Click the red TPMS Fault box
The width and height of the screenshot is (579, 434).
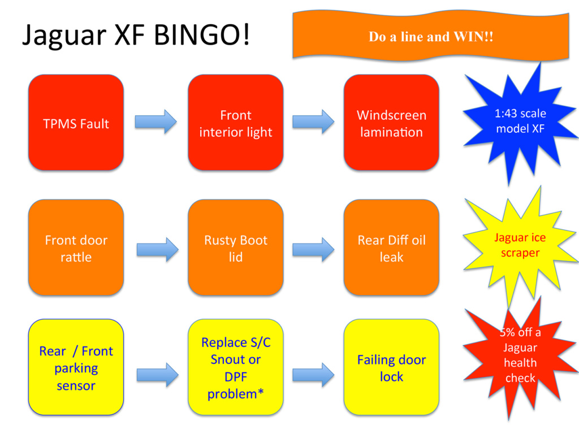tap(76, 123)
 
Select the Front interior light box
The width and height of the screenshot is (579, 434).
tap(236, 123)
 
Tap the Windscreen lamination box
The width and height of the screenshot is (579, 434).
tap(391, 123)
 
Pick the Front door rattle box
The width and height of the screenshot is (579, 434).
tap(76, 248)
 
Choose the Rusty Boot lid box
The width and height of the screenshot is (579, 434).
tap(236, 248)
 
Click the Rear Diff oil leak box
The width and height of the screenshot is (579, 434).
tap(391, 248)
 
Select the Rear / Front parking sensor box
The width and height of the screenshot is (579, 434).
tap(76, 367)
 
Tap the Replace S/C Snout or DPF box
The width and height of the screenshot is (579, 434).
tap(236, 367)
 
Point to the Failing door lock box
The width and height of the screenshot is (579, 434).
tap(391, 367)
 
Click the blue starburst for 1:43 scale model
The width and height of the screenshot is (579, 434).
tap(520, 122)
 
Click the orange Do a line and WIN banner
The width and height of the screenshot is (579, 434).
tap(430, 36)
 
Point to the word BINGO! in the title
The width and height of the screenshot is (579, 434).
tap(202, 34)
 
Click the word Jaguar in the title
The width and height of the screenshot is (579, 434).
tap(64, 36)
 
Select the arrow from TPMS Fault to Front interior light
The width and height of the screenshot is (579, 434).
tap(156, 121)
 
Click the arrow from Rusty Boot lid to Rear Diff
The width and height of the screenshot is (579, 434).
tap(313, 249)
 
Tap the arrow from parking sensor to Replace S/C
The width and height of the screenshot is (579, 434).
tap(158, 375)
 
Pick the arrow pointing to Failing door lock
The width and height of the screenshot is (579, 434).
tap(313, 375)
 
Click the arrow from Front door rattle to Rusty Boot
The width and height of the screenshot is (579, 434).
tap(158, 249)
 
